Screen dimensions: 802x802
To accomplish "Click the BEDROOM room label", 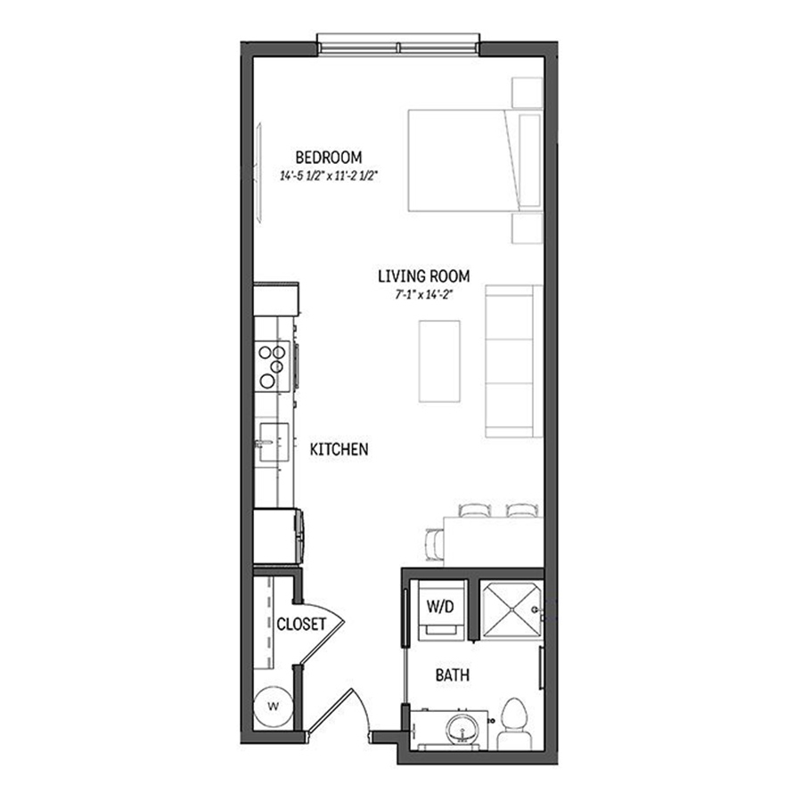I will click(331, 158).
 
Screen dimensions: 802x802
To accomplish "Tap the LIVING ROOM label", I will click(422, 276).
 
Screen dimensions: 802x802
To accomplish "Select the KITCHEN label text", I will click(339, 450).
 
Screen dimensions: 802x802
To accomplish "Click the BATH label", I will click(453, 675).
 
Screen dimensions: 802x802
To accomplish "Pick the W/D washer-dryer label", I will click(439, 608).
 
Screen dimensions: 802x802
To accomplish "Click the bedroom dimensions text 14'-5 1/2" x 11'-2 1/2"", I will click(330, 176).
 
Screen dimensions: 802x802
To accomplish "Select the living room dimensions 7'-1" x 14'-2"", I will click(422, 294).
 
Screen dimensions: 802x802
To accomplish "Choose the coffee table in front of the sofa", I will click(439, 361).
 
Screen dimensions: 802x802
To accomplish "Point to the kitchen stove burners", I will click(270, 365).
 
